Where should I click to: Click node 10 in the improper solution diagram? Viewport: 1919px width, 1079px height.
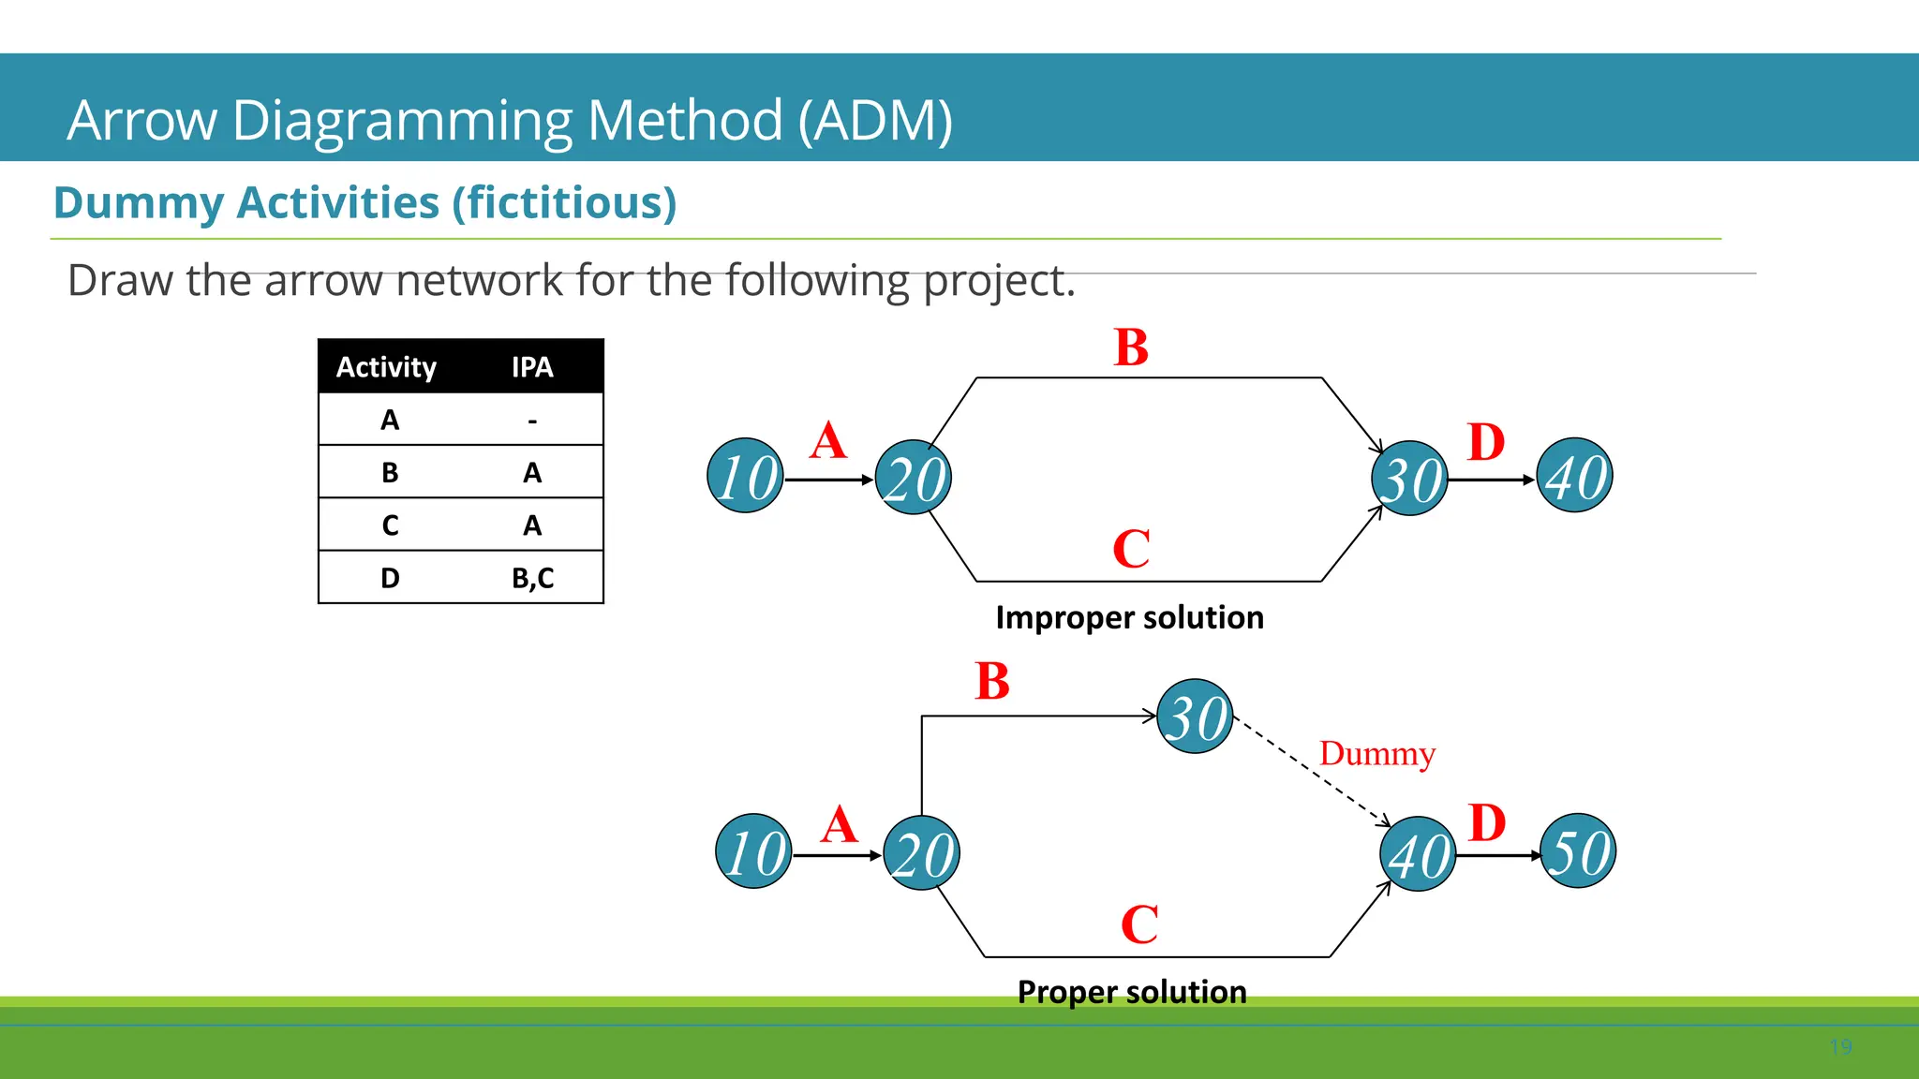click(x=746, y=476)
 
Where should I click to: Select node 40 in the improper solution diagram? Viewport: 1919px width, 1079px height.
click(x=1575, y=476)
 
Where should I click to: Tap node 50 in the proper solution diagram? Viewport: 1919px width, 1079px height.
click(x=1579, y=851)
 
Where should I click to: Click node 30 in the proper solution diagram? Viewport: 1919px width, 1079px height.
click(x=1196, y=717)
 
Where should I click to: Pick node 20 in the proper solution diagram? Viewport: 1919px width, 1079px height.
click(x=922, y=853)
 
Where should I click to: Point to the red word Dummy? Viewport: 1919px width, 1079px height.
click(x=1376, y=754)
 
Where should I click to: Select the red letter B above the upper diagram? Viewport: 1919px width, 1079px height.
click(x=1131, y=347)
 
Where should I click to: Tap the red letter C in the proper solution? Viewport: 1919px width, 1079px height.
click(x=1139, y=924)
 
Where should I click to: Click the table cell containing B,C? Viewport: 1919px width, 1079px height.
click(x=532, y=578)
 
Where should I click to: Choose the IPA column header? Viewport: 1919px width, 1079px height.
click(x=532, y=367)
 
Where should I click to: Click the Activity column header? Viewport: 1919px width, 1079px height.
click(x=386, y=367)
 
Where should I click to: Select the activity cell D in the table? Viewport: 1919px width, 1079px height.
click(x=390, y=578)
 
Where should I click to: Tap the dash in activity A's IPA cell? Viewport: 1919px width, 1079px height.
click(x=532, y=421)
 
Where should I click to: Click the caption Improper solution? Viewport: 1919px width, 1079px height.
click(x=1129, y=618)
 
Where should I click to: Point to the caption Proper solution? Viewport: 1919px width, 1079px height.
click(x=1132, y=992)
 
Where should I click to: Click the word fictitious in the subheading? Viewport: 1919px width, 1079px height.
click(x=563, y=203)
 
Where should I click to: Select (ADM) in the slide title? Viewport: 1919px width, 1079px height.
click(x=875, y=120)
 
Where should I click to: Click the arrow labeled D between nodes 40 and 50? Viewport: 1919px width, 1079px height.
click(x=1497, y=855)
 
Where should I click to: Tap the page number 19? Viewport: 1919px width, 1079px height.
click(x=1840, y=1047)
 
